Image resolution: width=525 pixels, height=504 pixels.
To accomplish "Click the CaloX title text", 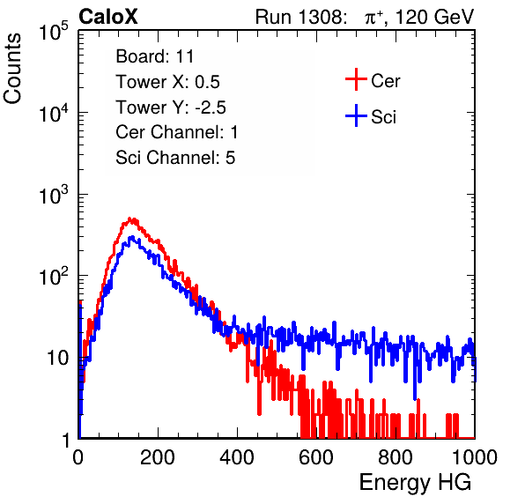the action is point(108,17).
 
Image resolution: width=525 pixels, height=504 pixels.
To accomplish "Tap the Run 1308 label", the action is point(299,17).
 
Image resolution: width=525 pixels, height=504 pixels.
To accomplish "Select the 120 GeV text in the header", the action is point(434,17).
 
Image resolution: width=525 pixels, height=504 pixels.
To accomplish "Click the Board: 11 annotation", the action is point(155,56).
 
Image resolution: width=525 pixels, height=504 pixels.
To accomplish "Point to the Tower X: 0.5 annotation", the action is point(167,82).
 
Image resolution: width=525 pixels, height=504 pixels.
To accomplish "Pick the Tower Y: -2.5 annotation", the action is point(171,107).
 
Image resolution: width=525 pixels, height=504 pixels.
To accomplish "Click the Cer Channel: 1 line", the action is point(177,132).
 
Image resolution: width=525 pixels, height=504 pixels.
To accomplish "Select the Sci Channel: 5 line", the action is point(175,158).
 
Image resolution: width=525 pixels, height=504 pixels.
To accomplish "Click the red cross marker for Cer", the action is point(356,79).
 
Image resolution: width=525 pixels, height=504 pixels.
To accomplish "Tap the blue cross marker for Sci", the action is point(356,115).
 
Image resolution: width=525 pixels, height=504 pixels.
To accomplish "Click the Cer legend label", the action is point(385,81).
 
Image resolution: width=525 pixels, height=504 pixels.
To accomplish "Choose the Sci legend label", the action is point(384,117).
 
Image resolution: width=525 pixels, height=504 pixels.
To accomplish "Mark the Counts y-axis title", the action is point(12,68).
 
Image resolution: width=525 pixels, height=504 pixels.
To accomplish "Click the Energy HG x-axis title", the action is point(415,482).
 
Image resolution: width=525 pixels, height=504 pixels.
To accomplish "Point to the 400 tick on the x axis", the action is point(237,457).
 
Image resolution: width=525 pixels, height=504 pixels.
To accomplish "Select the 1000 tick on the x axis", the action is point(475,457).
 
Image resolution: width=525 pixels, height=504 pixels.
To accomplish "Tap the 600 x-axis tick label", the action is point(316,457).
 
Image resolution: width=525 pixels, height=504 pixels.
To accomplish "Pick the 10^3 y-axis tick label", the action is point(54,194).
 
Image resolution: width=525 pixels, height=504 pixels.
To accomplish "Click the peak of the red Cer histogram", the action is point(130,219).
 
